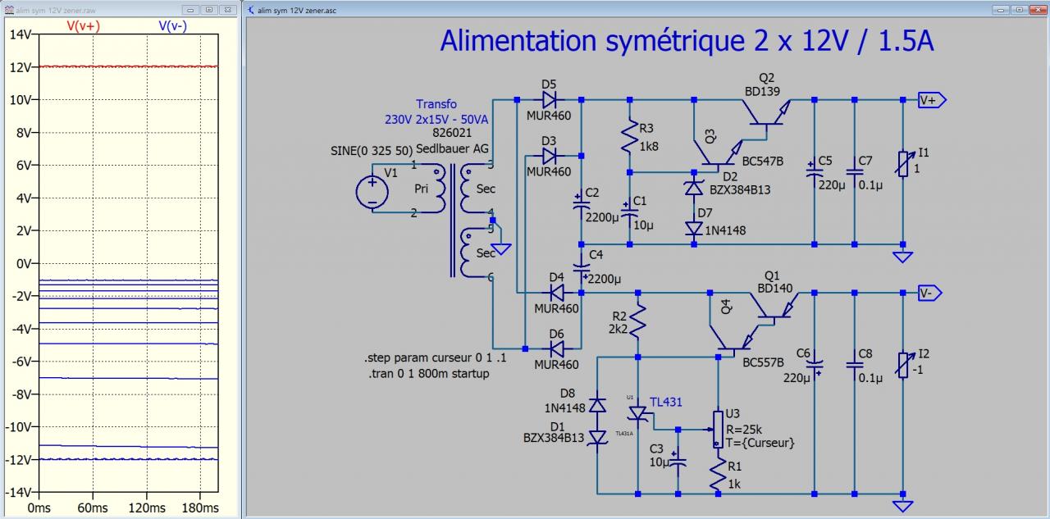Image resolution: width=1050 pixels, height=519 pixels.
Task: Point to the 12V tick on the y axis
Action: [21, 66]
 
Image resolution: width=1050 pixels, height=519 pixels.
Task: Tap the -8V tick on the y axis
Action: [20, 394]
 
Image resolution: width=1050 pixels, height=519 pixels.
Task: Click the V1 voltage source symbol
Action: [372, 193]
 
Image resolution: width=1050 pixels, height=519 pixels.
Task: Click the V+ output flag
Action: [932, 100]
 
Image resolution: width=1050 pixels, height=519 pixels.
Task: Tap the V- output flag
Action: [930, 293]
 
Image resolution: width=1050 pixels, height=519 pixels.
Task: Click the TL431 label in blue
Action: [666, 402]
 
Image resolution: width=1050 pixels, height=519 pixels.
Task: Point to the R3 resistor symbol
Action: [629, 137]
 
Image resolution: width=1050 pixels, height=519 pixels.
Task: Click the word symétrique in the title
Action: [660, 40]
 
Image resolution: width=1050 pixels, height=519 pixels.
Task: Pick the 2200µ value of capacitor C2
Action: [603, 217]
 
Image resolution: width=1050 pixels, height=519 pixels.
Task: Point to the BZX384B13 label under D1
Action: [554, 438]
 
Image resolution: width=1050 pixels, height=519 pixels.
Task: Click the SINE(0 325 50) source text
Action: [370, 151]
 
